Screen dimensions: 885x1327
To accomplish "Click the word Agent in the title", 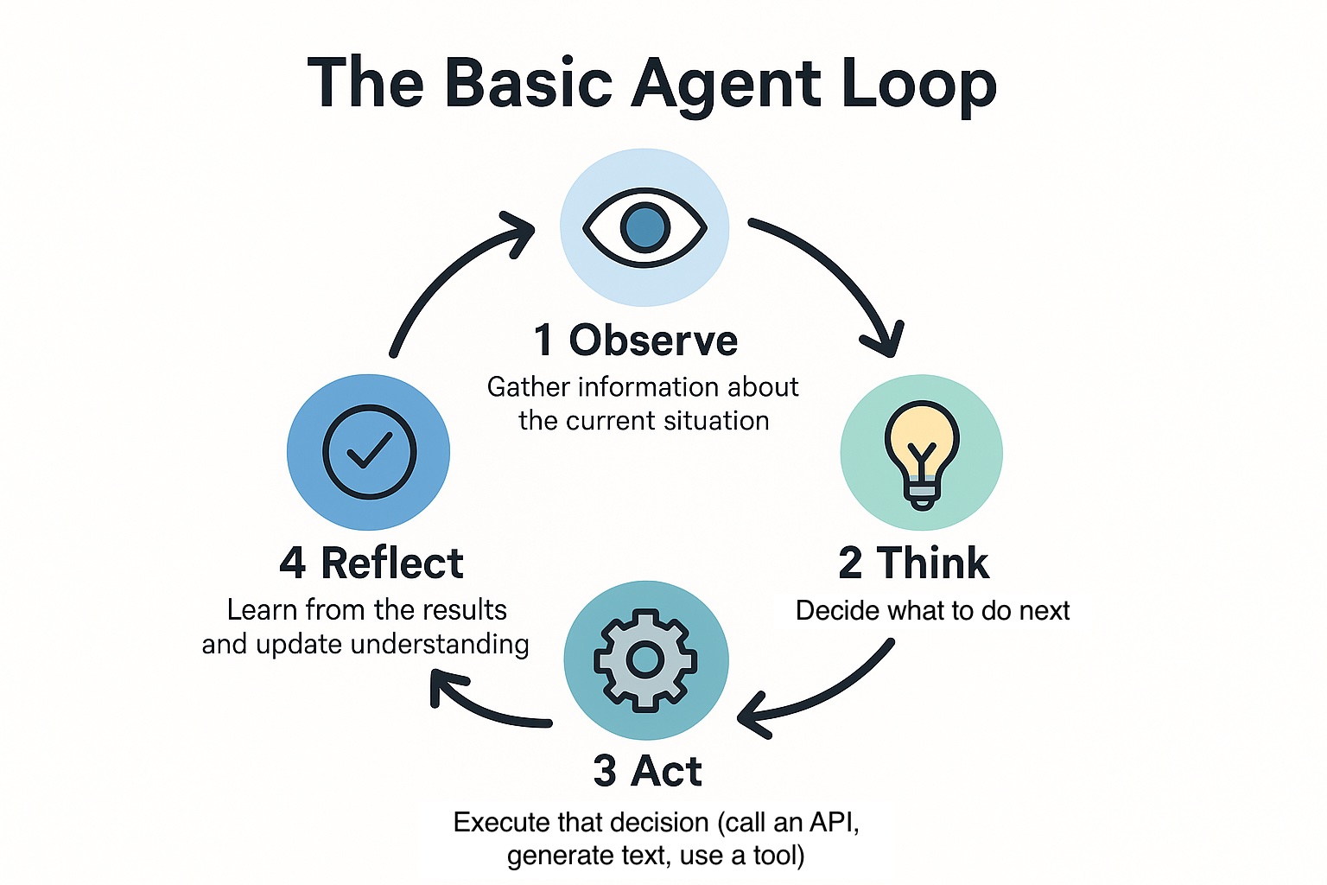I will pos(726,84).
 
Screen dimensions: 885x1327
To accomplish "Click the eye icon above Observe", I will pos(644,228).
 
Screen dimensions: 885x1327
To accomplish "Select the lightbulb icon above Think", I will pos(921,453).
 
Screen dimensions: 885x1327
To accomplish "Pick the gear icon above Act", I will pos(645,660).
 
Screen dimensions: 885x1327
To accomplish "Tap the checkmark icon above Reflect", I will pos(369,452).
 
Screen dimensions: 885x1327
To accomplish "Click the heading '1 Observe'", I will pos(636,341).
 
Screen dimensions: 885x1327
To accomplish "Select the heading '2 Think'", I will pos(913,563).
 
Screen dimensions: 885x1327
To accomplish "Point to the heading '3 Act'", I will pos(647,771).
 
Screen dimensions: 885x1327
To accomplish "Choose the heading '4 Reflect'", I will pos(371,563).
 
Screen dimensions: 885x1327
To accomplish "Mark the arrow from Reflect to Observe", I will pos(449,277).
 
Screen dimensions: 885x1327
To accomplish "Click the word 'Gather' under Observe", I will pos(528,387).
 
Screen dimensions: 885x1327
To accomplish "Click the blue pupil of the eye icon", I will pos(644,228).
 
